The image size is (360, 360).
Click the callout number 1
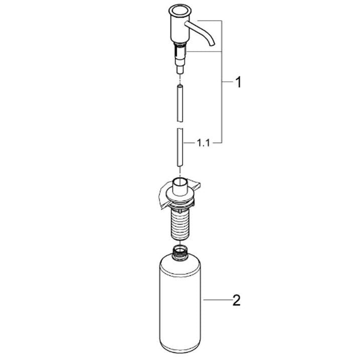[239, 82]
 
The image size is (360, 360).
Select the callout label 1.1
[204, 143]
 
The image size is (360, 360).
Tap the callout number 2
[236, 300]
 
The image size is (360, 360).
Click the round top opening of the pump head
[180, 11]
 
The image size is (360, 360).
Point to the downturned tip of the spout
[212, 44]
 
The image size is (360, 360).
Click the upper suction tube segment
[180, 103]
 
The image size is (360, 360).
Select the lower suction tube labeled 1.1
[180, 147]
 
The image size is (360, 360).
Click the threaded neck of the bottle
[180, 253]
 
